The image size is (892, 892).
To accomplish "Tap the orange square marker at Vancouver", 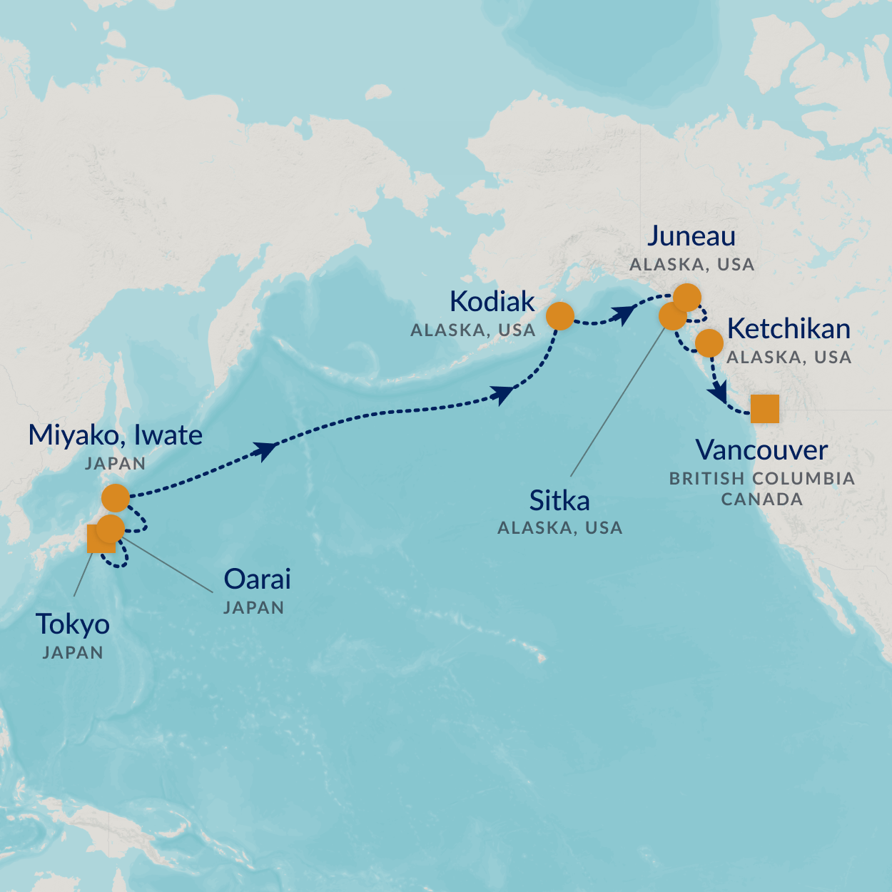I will click(764, 409).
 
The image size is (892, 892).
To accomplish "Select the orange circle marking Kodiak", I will click(560, 315).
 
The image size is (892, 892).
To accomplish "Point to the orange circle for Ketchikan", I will click(709, 343).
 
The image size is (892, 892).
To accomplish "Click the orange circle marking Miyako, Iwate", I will click(116, 497).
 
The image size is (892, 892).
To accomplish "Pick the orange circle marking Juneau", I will click(687, 298).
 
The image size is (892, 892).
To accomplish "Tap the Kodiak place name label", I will click(492, 302).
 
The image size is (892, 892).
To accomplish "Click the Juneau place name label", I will click(691, 236).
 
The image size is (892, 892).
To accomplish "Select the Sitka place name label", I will click(559, 501).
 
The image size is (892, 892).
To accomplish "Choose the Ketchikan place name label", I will click(789, 329).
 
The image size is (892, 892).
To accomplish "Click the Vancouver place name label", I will click(761, 450).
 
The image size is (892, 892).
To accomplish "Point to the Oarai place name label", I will click(257, 579).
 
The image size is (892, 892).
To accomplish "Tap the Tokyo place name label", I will click(73, 624).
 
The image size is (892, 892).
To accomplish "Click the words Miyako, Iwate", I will click(115, 435).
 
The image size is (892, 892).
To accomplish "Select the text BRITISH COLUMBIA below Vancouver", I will click(761, 479).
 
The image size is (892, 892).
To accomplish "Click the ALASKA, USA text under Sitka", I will click(559, 528).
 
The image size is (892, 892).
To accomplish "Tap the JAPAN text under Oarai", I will click(253, 608).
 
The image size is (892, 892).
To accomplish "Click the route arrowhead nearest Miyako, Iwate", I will click(265, 450).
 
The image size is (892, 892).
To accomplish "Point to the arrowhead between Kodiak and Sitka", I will click(625, 314).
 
